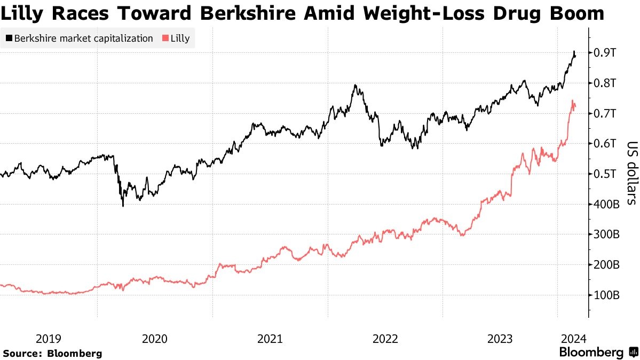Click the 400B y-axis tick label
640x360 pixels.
point(606,205)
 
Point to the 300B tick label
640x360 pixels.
point(606,234)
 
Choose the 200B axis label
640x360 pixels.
point(606,265)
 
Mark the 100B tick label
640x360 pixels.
point(606,295)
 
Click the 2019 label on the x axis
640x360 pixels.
point(48,339)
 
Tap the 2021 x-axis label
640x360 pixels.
point(270,339)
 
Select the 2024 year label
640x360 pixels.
point(573,339)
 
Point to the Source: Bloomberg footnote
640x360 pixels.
point(52,353)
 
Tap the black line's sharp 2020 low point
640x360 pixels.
point(123,206)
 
